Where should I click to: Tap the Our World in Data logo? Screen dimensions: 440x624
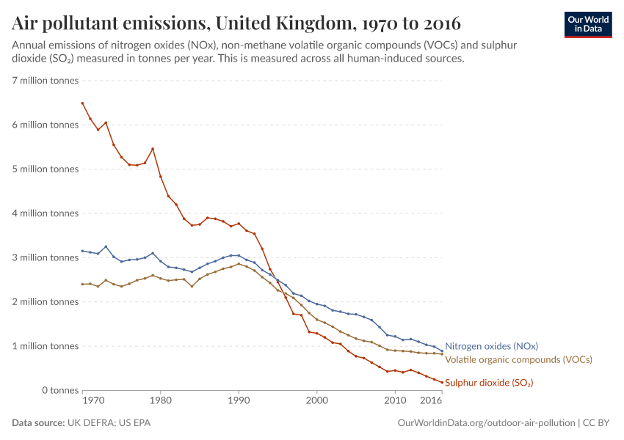click(587, 24)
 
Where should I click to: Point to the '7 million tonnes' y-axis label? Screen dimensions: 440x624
click(46, 81)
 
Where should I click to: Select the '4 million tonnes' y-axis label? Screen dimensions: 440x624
click(46, 213)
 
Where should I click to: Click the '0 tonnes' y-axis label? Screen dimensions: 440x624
click(58, 390)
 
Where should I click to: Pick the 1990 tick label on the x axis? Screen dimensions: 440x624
click(239, 401)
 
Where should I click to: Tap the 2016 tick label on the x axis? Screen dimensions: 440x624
click(430, 401)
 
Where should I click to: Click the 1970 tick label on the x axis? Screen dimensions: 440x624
click(92, 401)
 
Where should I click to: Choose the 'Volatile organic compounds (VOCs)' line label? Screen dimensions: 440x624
click(518, 360)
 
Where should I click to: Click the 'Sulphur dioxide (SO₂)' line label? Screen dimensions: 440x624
click(489, 383)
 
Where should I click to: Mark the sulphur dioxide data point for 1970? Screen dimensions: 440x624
click(82, 103)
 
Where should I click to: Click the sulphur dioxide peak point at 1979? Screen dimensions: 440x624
click(153, 149)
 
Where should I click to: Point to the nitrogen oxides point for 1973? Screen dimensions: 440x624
click(106, 246)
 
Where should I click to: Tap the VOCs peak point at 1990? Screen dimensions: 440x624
click(239, 264)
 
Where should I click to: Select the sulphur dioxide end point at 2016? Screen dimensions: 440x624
click(442, 382)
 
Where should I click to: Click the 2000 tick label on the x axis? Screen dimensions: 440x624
click(316, 401)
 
